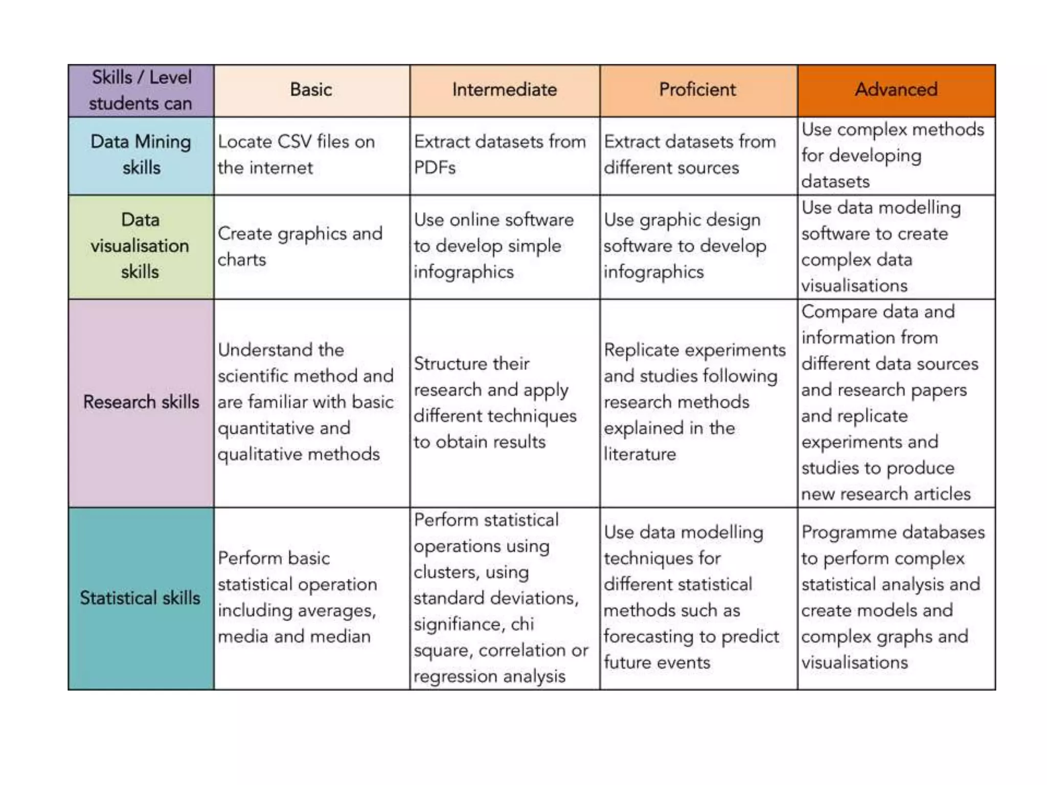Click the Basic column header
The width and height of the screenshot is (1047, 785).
pyautogui.click(x=311, y=90)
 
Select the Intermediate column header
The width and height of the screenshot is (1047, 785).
pyautogui.click(x=504, y=90)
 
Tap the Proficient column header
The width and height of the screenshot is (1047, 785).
pyautogui.click(x=697, y=90)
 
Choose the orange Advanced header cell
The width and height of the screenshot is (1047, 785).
pyautogui.click(x=896, y=90)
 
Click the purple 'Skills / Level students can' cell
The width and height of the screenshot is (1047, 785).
pyautogui.click(x=141, y=90)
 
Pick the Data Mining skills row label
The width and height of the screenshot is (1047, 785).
pyautogui.click(x=141, y=155)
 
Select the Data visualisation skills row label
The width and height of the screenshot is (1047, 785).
pyautogui.click(x=141, y=246)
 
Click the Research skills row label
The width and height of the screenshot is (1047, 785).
pyautogui.click(x=141, y=402)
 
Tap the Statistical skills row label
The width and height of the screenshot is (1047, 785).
pyautogui.click(x=141, y=598)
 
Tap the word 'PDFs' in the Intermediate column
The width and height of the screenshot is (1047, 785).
pyautogui.click(x=435, y=168)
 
